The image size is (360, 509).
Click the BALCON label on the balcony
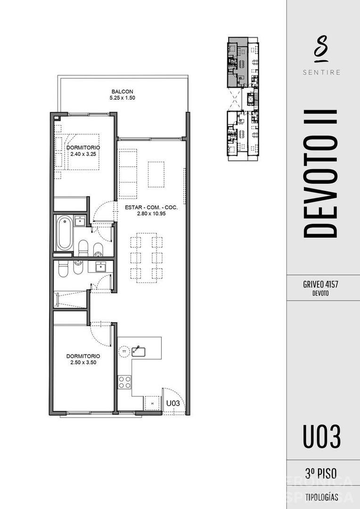click(122, 91)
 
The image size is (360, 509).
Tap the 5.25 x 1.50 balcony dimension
click(122, 99)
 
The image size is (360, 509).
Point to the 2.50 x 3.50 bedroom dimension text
click(83, 363)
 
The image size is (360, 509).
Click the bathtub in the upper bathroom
click(64, 233)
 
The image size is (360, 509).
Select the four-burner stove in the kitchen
click(125, 382)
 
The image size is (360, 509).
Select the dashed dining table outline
click(147, 257)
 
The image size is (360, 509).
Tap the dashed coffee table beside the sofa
click(156, 174)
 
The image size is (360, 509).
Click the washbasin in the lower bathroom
click(101, 267)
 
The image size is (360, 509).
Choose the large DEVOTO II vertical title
click(321, 173)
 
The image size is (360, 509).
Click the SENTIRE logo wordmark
click(323, 72)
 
